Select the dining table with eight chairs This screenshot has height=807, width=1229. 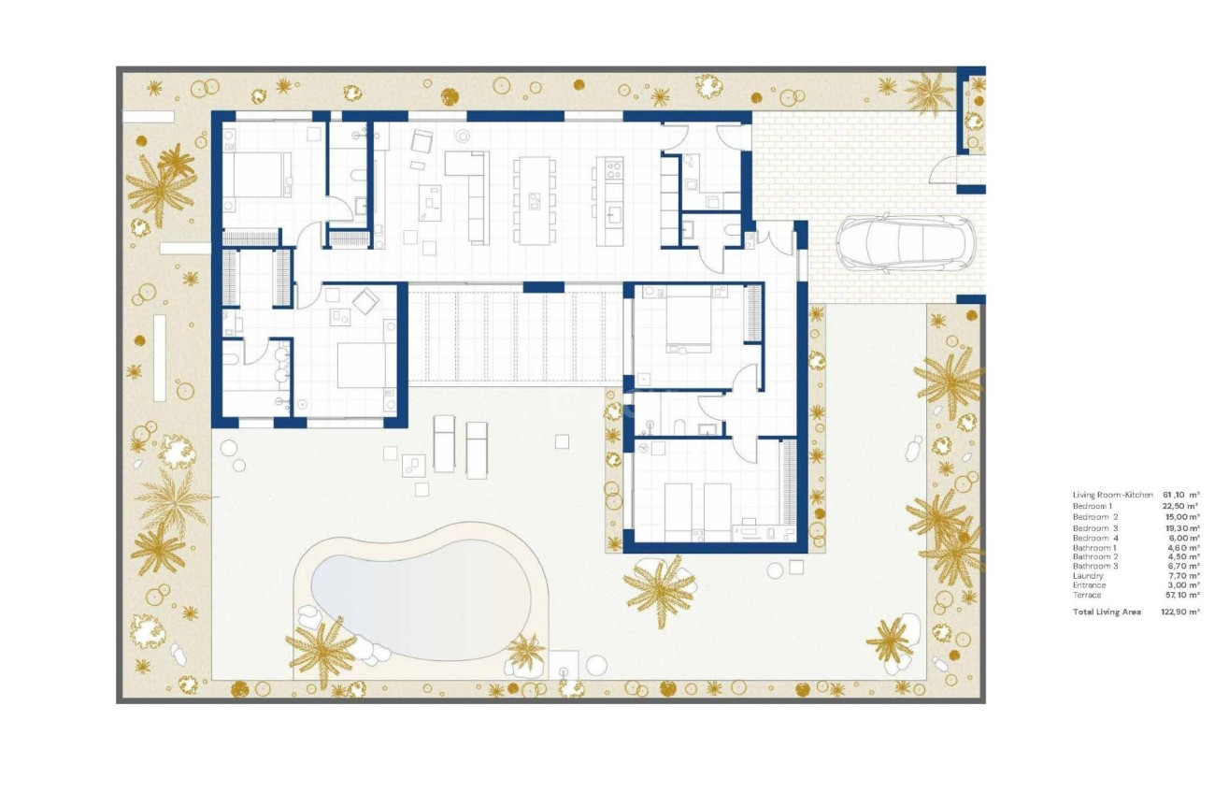click(534, 201)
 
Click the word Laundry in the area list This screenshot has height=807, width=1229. click(1088, 576)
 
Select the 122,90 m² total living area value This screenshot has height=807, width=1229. click(1180, 612)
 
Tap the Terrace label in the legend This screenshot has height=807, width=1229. click(1087, 595)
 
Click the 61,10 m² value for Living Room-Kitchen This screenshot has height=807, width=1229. click(1180, 494)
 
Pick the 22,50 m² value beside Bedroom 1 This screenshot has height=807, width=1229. click(1180, 505)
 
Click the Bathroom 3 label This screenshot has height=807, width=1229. click(1094, 566)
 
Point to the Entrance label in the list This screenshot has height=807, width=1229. click(1090, 585)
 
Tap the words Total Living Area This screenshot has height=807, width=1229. click(1107, 612)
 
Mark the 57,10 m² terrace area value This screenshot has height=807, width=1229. click(1180, 595)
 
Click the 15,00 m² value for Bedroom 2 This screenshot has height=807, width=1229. click(1180, 516)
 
